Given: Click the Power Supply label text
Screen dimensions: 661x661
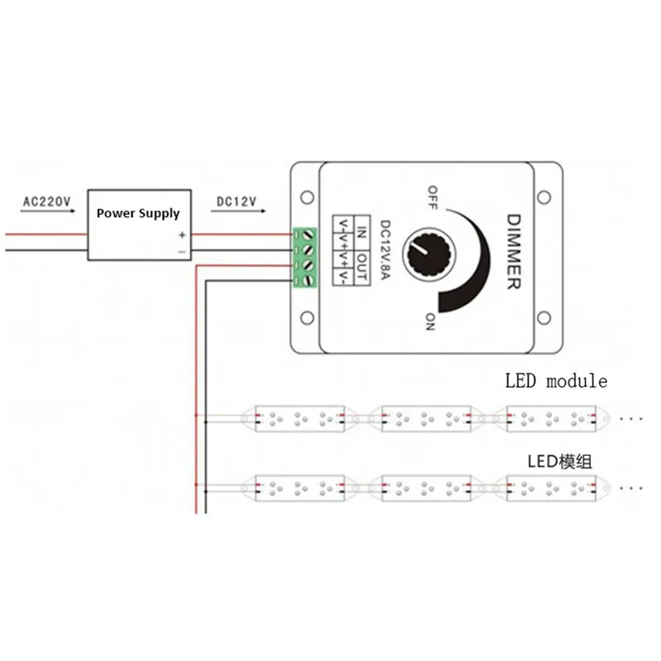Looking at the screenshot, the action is coord(138,213).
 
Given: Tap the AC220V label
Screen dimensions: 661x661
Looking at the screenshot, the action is coord(47,202).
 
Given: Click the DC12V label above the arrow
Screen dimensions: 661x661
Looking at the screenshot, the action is coord(236,202).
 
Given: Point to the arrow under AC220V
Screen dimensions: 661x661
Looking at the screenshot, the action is coord(48,211).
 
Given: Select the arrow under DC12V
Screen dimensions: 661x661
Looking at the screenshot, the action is coord(238,211).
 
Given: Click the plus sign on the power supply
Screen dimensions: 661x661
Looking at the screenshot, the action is coord(182,235).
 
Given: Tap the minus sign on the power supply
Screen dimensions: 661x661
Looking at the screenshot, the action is coord(182,252).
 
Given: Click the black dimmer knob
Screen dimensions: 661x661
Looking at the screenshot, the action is coord(429,254).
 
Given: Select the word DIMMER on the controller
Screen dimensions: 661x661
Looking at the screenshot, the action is coord(513,252).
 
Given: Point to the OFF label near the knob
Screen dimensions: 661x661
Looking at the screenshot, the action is coord(432,197).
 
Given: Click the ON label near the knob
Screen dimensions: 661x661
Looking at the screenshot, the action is coord(430,321).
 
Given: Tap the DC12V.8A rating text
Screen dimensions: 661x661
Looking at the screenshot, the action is coord(385,250).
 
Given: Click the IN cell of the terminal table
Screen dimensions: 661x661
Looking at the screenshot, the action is coord(362,232).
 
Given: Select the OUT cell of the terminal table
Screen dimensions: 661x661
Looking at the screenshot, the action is coord(362,268).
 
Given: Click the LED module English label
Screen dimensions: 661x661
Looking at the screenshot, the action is coord(556,381).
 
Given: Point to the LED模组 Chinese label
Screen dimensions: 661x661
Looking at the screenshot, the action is coord(560,462).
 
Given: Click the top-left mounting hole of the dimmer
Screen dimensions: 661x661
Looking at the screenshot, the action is coord(307,197).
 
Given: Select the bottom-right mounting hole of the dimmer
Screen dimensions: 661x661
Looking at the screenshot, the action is coord(544,318).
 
